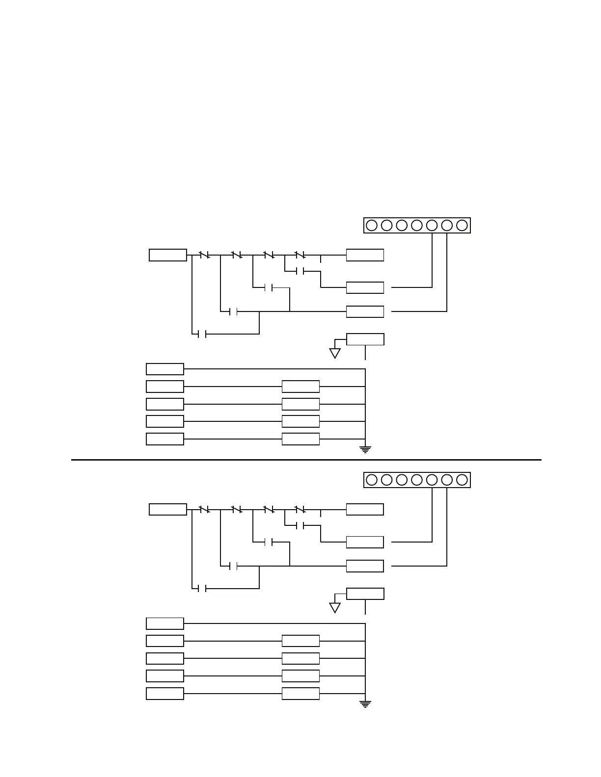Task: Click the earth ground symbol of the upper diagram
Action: [x=365, y=449]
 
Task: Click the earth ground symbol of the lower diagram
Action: [x=365, y=704]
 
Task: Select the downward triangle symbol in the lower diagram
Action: [x=335, y=608]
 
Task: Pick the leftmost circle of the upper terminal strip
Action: [x=372, y=225]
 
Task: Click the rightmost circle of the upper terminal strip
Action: [x=462, y=225]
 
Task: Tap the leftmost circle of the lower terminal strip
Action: [x=372, y=480]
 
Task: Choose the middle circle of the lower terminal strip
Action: [x=417, y=480]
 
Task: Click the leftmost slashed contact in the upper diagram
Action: [x=205, y=255]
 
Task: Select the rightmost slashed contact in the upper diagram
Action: [x=300, y=255]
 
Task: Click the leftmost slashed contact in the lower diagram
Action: [x=205, y=510]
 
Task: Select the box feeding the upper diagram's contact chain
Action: [x=168, y=255]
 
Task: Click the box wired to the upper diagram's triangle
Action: [x=365, y=339]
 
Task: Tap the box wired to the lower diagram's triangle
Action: [x=365, y=594]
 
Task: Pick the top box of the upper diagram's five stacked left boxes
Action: [x=165, y=369]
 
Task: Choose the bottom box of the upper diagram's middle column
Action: [x=300, y=439]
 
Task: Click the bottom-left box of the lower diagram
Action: [x=165, y=694]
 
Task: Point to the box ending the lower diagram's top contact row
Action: [x=365, y=509]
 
